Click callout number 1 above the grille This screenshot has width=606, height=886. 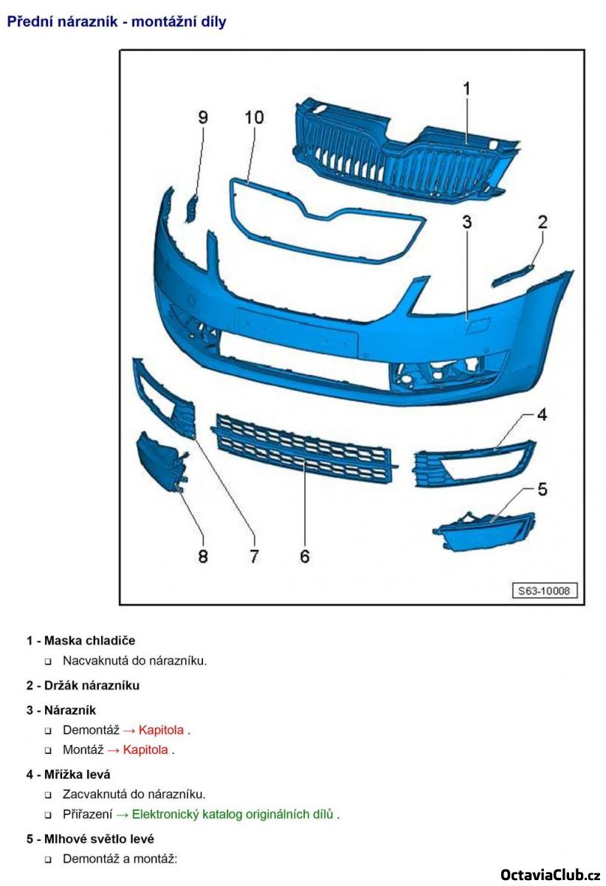(466, 89)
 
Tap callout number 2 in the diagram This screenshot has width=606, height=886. (543, 221)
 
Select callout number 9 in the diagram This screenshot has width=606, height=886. (203, 117)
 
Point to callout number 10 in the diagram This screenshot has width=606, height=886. (254, 117)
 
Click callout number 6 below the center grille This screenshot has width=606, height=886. (305, 556)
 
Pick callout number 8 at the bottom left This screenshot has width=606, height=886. (203, 556)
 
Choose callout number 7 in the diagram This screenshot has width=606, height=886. (254, 556)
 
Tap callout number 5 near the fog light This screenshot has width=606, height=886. (542, 489)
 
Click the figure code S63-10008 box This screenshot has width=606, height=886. (546, 591)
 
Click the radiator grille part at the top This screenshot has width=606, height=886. (399, 155)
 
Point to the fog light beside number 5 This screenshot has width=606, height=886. (483, 532)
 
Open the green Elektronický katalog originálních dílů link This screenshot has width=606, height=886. (233, 814)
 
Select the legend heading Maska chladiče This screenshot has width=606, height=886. (89, 640)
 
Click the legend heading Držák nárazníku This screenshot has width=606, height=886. (92, 685)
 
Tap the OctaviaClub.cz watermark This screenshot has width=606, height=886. (550, 875)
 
